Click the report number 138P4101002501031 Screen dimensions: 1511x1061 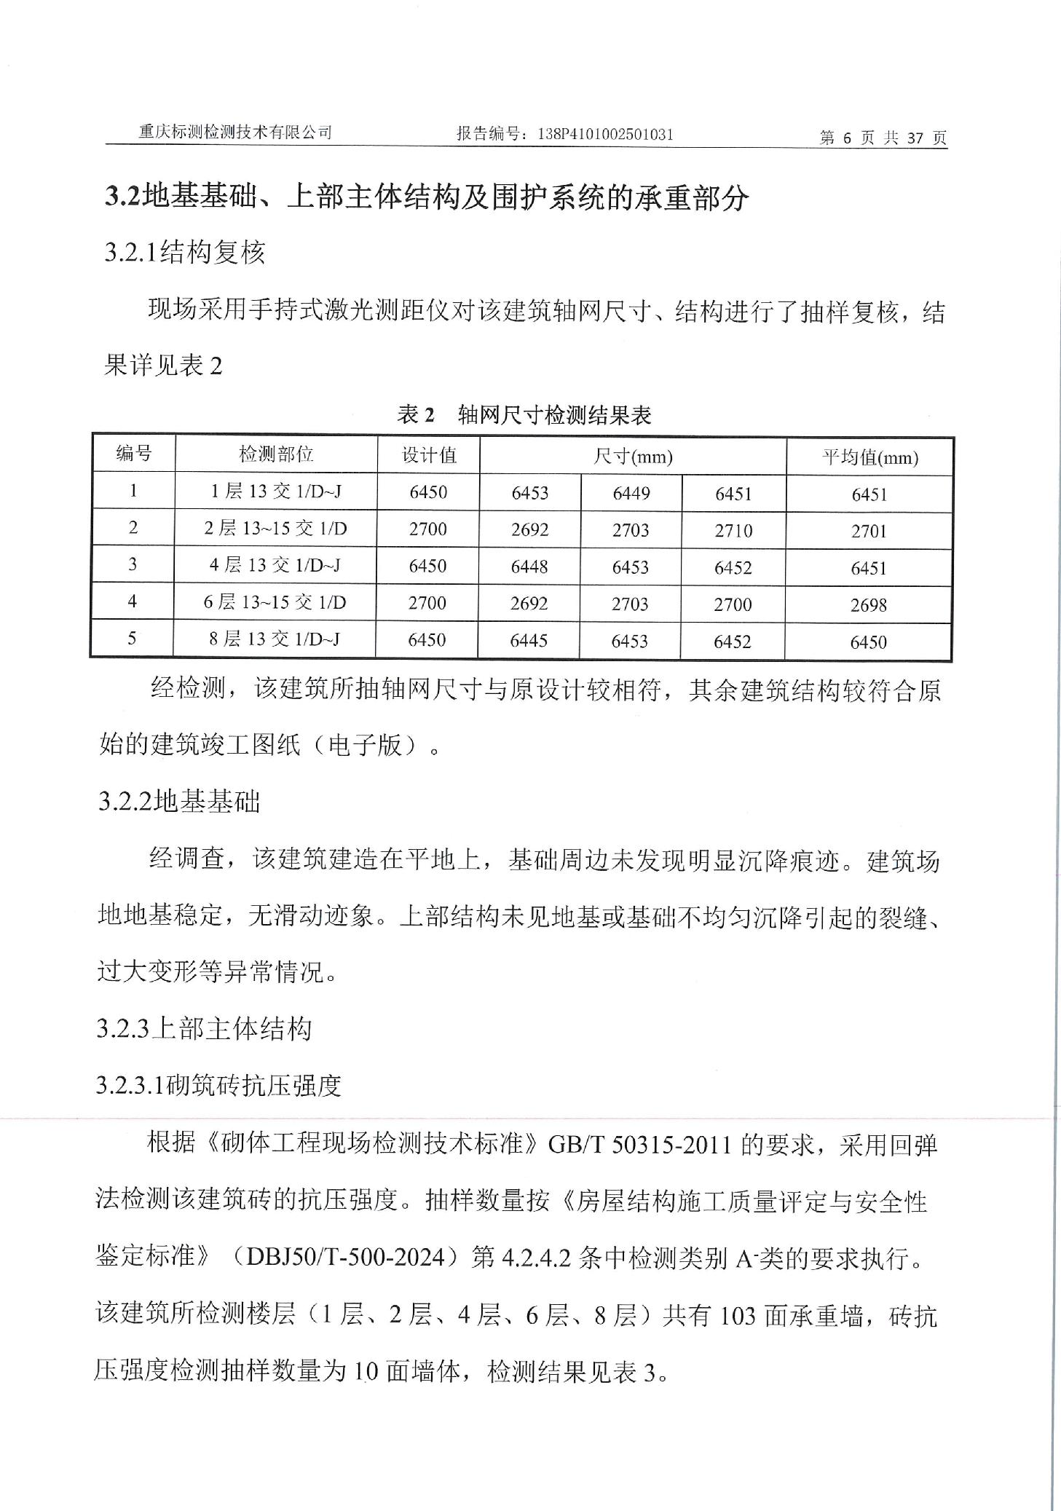coord(604,134)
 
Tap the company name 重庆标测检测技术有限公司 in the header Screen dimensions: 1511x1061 coord(235,133)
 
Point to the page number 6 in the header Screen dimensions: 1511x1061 coord(846,138)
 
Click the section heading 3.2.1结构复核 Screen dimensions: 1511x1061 coord(185,253)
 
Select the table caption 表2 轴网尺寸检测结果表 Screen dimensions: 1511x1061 coord(524,415)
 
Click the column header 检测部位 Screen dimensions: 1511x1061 coord(276,454)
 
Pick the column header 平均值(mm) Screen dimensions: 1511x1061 coord(869,457)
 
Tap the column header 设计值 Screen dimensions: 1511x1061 coord(429,455)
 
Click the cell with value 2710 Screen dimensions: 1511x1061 coord(733,530)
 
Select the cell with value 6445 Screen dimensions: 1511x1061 coord(529,640)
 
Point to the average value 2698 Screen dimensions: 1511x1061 coord(868,605)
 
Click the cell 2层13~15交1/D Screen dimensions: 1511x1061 coord(275,528)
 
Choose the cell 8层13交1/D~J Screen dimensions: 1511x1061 coord(275,639)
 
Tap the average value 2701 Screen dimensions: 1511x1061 coord(869,531)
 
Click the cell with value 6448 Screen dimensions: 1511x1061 coord(529,567)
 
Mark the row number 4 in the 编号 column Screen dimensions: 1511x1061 coord(132,601)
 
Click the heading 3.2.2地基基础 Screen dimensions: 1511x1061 coord(179,802)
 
